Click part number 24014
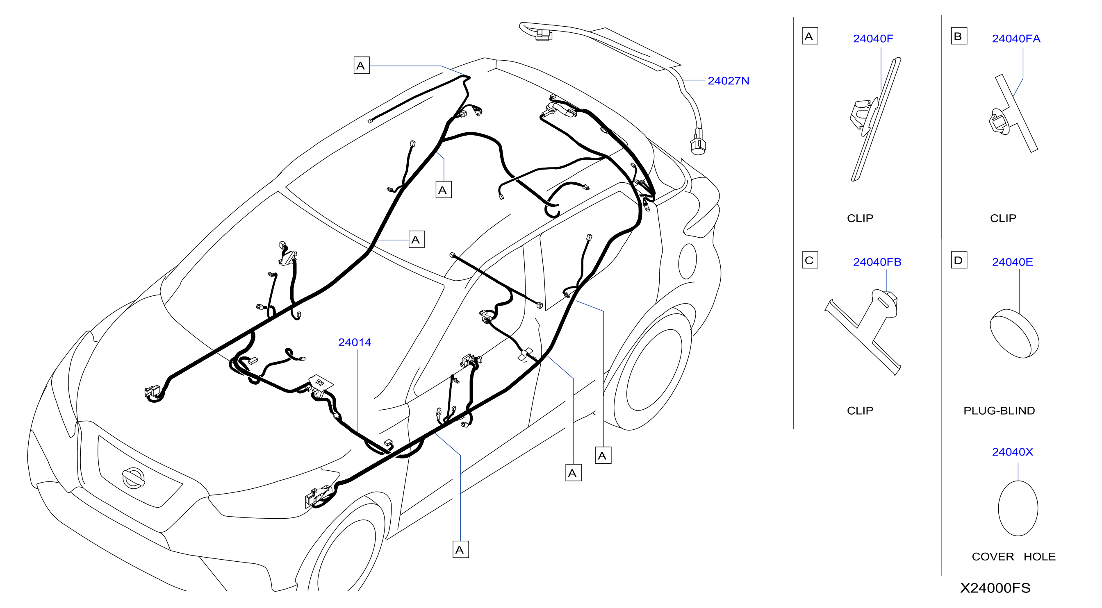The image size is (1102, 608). tap(354, 343)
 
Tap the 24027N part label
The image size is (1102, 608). tap(728, 81)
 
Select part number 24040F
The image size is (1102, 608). tap(873, 39)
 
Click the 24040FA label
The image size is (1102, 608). tap(1016, 39)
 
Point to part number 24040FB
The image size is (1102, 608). tap(877, 262)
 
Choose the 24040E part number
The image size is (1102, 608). tap(1012, 262)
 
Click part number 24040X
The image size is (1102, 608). tap(1012, 452)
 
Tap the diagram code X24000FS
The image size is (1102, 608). tap(995, 588)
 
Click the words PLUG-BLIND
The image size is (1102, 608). tap(999, 411)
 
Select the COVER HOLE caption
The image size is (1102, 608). tap(1013, 557)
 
